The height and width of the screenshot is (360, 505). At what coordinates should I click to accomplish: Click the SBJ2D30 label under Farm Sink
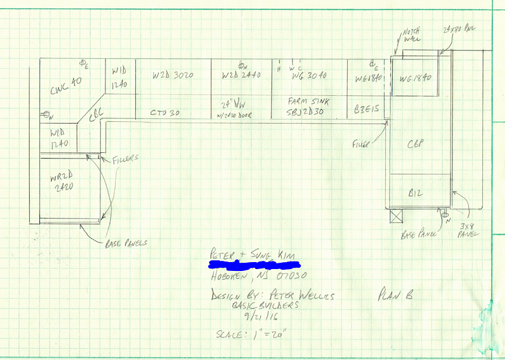tap(306, 112)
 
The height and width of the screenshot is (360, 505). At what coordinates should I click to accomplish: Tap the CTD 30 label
tap(165, 112)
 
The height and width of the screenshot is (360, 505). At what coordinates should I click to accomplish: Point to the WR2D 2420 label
tap(61, 183)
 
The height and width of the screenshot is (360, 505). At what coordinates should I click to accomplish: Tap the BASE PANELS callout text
tap(127, 241)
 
